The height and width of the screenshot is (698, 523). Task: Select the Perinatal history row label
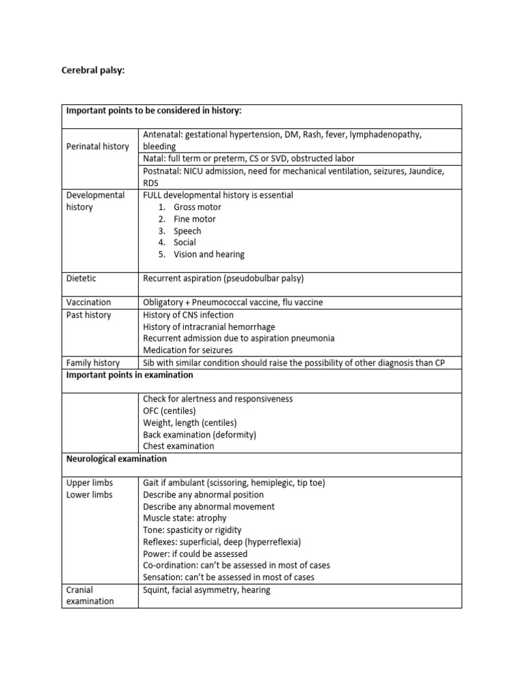point(97,147)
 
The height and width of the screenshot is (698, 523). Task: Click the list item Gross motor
point(197,207)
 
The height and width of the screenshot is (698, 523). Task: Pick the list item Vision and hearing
point(208,254)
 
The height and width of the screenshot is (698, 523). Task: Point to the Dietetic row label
point(81,278)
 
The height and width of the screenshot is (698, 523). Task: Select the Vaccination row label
point(89,302)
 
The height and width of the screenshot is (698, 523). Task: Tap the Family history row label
point(93,363)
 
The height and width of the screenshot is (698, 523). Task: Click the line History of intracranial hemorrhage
point(210,327)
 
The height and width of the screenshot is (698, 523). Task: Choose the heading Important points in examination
point(129,375)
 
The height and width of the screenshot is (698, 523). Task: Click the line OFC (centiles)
point(169,411)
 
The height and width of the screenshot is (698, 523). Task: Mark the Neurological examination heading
point(116,459)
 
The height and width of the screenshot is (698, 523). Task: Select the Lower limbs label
point(89,495)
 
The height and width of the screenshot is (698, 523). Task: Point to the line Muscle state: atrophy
point(185,518)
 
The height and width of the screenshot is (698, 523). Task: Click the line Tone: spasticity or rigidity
point(192,530)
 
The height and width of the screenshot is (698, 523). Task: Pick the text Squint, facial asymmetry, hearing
point(206,590)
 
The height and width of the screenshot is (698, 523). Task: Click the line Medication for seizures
point(187,350)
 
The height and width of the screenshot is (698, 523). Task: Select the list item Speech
point(187,231)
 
